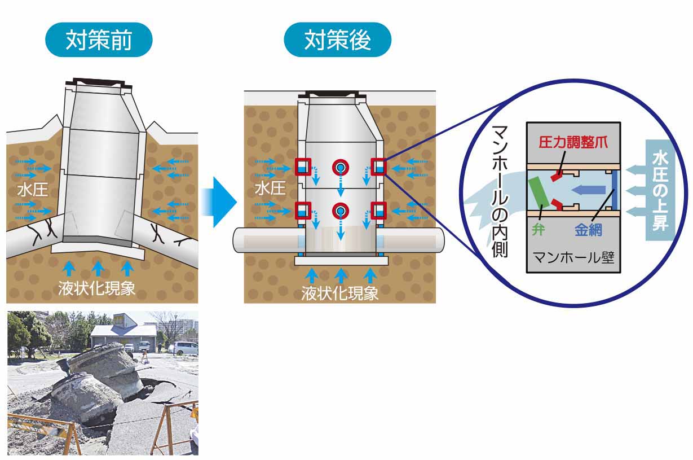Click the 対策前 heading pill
(99, 41)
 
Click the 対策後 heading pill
(337, 41)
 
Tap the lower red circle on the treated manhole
(340, 211)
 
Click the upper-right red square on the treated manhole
(377, 167)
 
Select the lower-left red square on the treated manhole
(303, 211)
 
